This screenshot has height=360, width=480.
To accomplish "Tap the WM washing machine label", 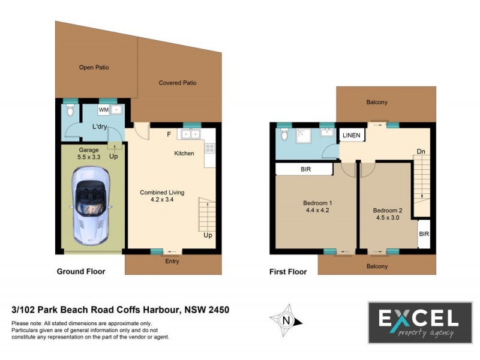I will (103, 110).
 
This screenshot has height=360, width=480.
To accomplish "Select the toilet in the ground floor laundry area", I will (71, 111).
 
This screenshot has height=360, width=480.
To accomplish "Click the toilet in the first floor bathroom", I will (284, 136).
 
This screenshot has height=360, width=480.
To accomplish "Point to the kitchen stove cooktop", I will (209, 147).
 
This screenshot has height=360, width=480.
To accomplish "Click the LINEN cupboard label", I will (352, 136).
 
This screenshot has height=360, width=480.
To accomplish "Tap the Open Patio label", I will (94, 68).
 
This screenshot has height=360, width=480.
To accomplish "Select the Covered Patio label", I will (178, 83).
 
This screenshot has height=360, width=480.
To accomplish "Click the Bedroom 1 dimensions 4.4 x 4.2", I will (317, 211).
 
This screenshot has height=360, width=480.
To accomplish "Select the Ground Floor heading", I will (81, 272).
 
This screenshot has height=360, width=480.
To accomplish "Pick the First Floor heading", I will (288, 272).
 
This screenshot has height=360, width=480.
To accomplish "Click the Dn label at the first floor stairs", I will (421, 151).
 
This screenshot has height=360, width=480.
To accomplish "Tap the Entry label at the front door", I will (172, 262).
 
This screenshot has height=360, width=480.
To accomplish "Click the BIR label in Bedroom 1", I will (305, 170).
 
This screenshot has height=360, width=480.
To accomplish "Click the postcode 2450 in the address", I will (216, 310).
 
